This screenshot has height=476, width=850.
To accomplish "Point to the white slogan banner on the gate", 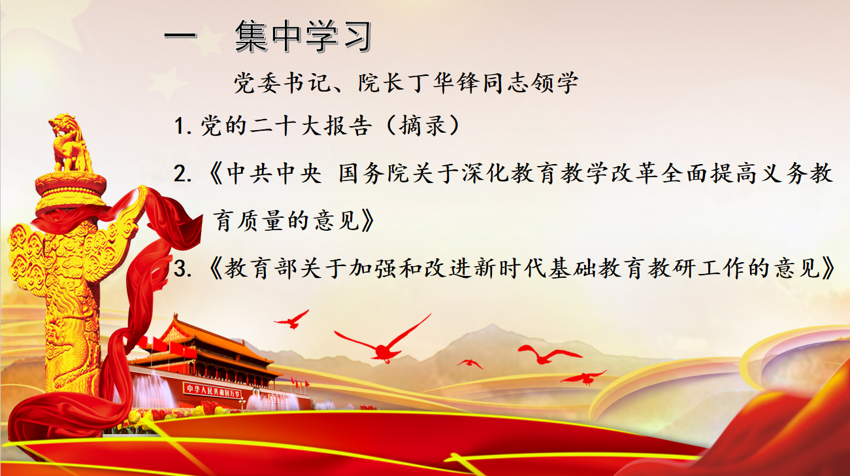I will (212, 390).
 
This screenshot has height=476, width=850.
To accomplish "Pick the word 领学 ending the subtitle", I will (561, 84).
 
